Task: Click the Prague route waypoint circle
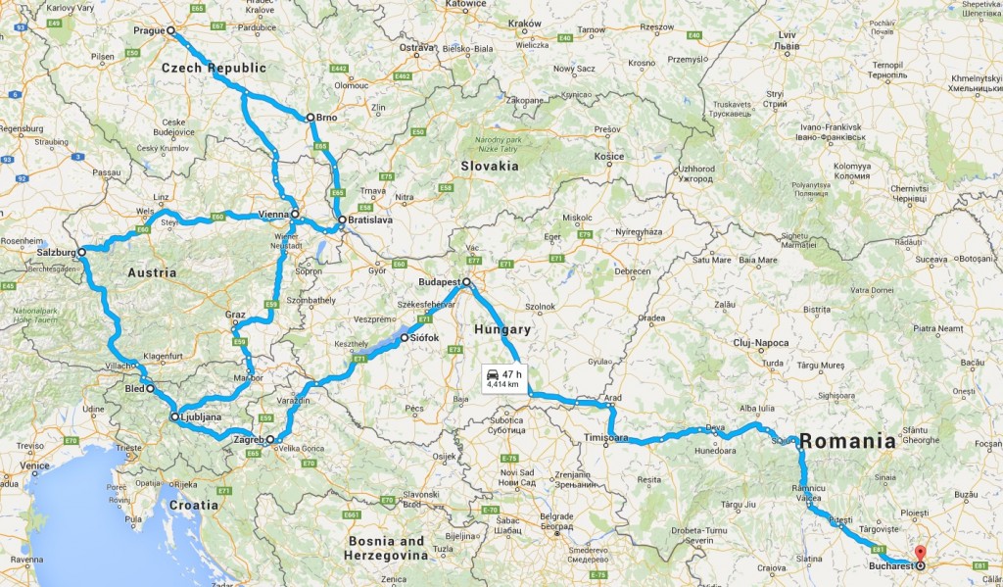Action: (x=170, y=30)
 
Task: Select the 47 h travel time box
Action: (x=503, y=378)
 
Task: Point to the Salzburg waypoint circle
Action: (x=82, y=252)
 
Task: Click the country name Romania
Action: (x=847, y=441)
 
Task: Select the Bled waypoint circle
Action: (x=151, y=389)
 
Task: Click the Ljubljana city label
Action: (x=201, y=417)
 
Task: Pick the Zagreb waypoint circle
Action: (x=270, y=440)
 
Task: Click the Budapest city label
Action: (x=438, y=281)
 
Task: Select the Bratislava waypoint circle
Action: (x=341, y=220)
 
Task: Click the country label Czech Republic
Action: (x=214, y=68)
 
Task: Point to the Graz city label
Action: (x=234, y=315)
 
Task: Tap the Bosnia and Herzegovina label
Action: (x=384, y=548)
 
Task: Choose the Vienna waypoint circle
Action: (x=295, y=213)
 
